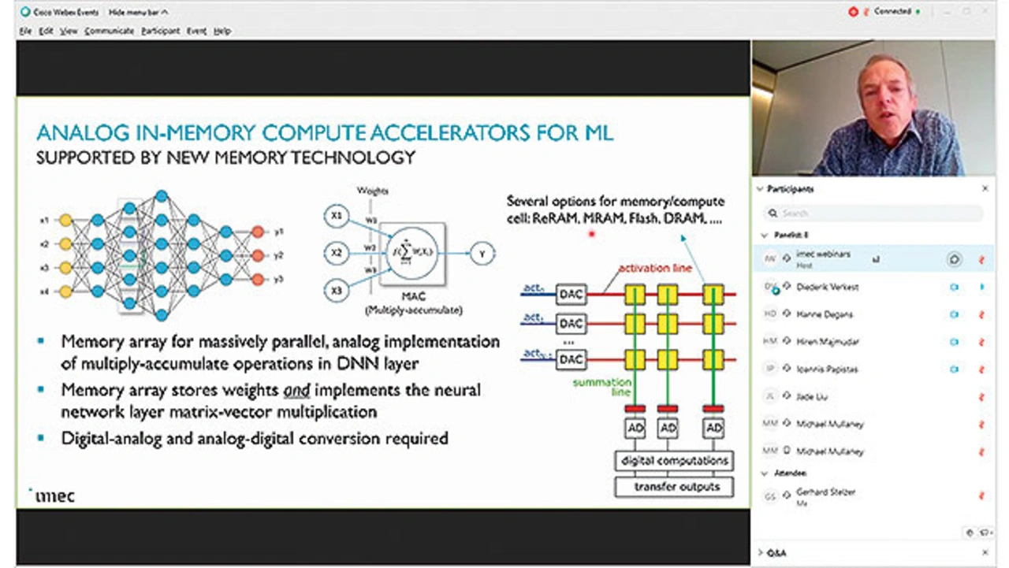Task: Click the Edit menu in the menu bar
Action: (47, 31)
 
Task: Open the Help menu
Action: (222, 31)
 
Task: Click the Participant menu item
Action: (160, 31)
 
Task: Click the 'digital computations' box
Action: (675, 460)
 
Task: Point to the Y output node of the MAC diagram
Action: (482, 254)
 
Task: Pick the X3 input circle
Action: (337, 291)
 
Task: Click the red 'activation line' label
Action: (654, 269)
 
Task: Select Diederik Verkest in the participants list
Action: (827, 287)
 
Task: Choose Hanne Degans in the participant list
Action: (825, 314)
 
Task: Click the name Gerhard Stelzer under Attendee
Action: (825, 492)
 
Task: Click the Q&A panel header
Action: (777, 553)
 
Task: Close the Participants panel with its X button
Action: (985, 189)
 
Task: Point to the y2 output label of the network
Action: (279, 255)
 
